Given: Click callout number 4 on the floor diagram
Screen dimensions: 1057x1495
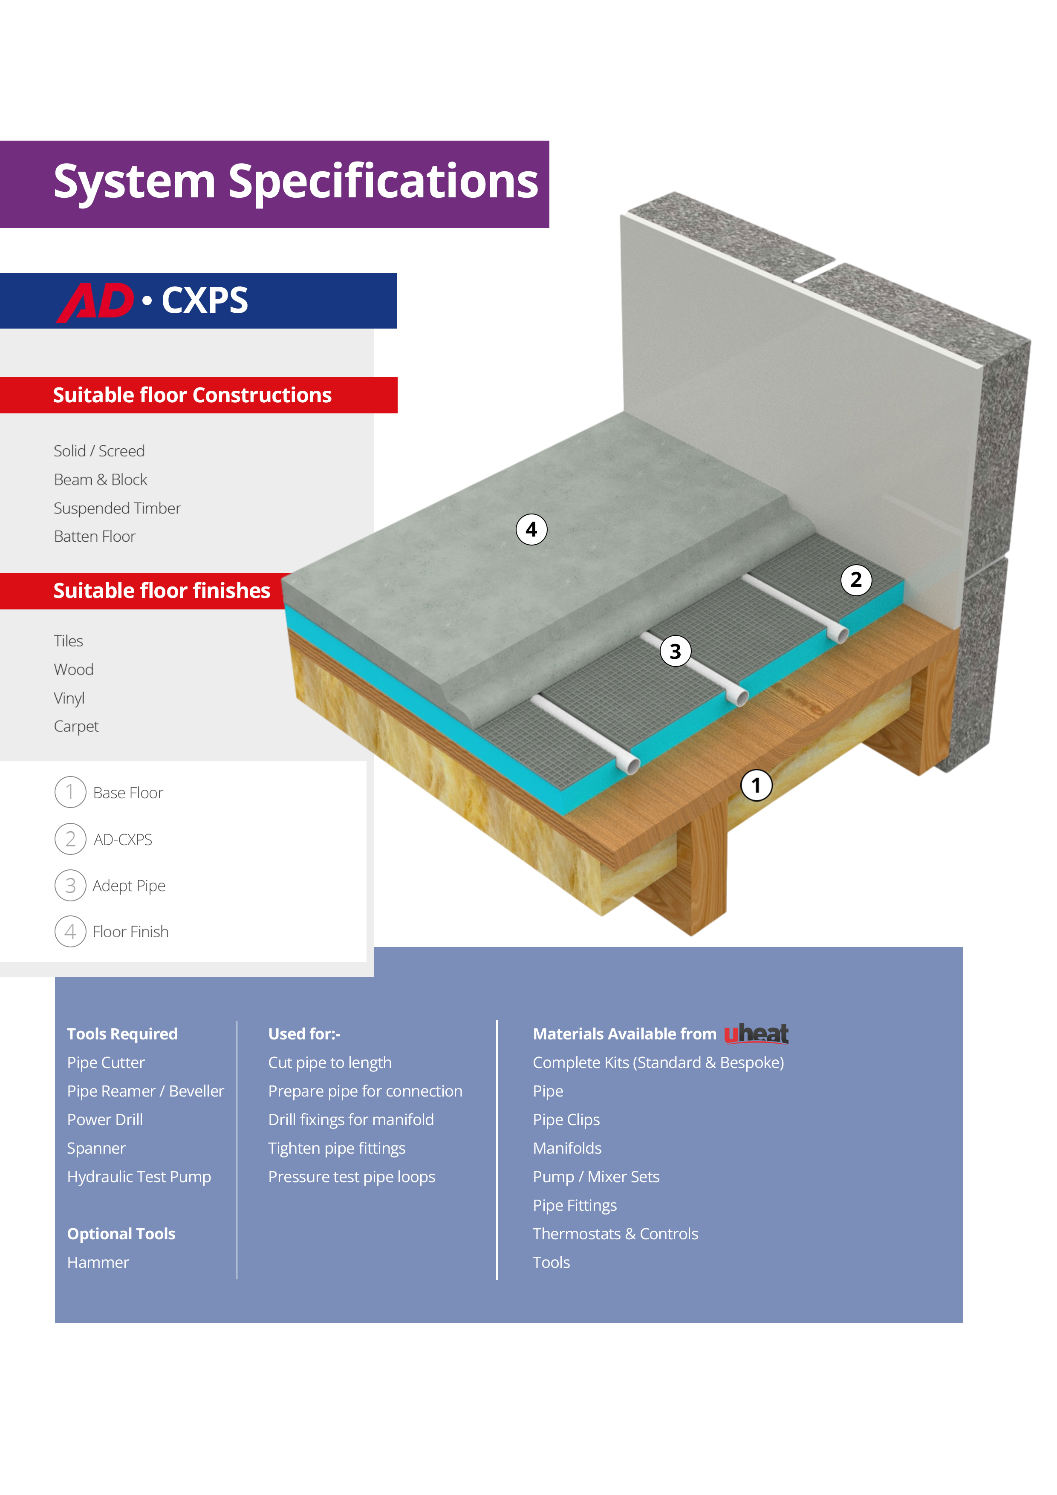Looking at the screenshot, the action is coord(531,529).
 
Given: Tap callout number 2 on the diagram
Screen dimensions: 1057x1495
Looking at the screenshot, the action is coord(856,580).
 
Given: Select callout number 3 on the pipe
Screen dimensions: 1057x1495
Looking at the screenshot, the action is coord(676,651).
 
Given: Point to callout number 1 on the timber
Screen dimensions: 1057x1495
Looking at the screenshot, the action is coord(756,785).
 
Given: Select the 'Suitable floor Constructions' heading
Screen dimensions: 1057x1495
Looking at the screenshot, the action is coord(192,395).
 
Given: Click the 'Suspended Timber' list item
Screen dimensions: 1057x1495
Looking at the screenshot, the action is coord(117,508).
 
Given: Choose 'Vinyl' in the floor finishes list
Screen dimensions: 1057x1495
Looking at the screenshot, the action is coord(69,698).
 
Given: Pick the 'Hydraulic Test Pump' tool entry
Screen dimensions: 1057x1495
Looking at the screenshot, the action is coord(139,1177).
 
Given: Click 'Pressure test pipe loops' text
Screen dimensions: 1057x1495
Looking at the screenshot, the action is coord(352,1177).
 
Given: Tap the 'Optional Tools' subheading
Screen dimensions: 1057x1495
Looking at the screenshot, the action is coord(121,1234).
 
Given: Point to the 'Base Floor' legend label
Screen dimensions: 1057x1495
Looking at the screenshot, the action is coord(128,793).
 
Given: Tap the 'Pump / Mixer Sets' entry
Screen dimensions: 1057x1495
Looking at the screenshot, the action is coord(596,1177).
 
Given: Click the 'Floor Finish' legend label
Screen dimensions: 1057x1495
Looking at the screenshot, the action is coord(130,932).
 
